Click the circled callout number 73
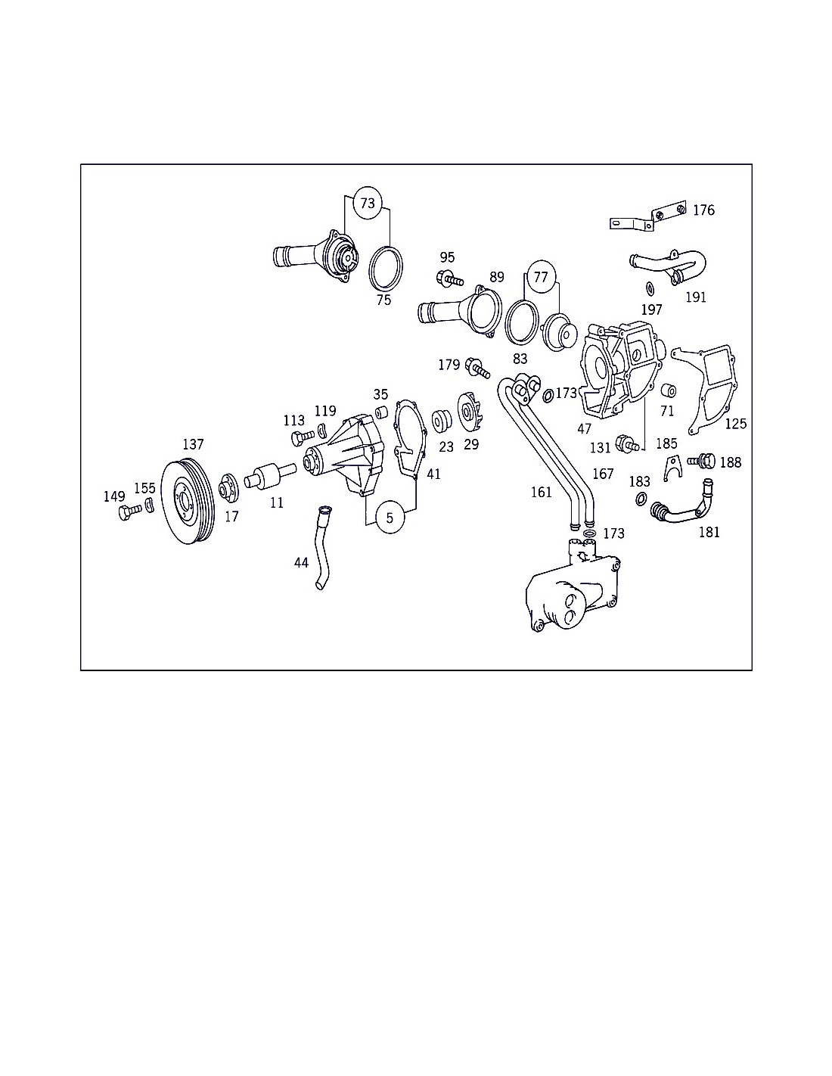point(368,203)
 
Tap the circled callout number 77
point(541,276)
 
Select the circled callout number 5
point(390,518)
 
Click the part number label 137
point(193,444)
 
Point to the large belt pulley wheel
point(188,502)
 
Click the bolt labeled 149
point(129,512)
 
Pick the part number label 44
point(302,562)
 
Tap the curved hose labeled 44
point(323,548)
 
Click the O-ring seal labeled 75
point(386,267)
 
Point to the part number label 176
point(704,210)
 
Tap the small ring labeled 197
point(650,288)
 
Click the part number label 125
point(736,424)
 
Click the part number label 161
point(541,492)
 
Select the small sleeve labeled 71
point(669,390)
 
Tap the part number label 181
point(709,532)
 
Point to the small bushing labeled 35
point(380,412)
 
